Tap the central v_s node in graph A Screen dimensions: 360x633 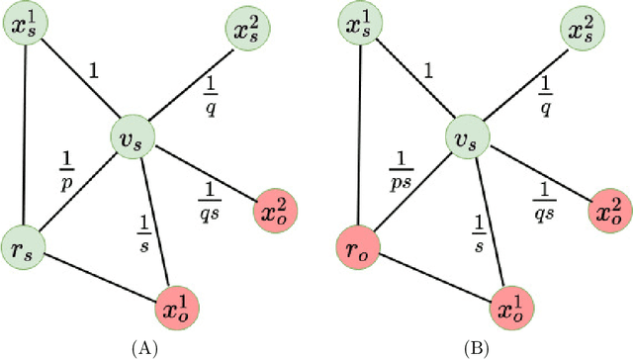coord(134,140)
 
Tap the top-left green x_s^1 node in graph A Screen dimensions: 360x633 coord(24,27)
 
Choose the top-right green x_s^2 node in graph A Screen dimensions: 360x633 coord(247,27)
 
